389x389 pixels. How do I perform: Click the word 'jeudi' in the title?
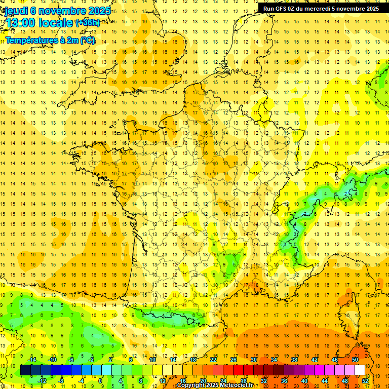[15, 10]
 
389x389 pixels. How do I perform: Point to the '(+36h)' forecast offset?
[87, 22]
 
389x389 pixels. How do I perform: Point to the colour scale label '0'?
[100, 380]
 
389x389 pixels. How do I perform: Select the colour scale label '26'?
[234, 360]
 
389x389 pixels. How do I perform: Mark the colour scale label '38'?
[294, 360]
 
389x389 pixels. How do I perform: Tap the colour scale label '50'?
[355, 360]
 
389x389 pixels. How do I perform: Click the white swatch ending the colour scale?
[360, 370]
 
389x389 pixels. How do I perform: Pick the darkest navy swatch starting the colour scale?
[25, 370]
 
